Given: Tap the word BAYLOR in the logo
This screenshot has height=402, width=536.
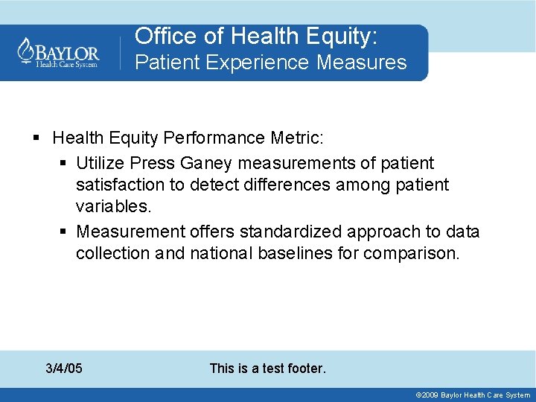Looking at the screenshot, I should tap(67, 52).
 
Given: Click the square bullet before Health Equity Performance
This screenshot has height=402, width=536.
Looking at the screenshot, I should tap(37, 138).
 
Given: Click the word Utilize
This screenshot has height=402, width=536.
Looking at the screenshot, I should tap(101, 162).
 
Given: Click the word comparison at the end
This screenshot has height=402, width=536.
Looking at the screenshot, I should tap(412, 253).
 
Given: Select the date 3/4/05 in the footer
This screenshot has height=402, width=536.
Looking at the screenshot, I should tap(64, 368).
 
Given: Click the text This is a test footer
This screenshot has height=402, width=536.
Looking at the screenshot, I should tap(268, 368).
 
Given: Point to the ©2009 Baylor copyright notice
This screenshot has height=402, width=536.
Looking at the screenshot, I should tap(473, 395).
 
